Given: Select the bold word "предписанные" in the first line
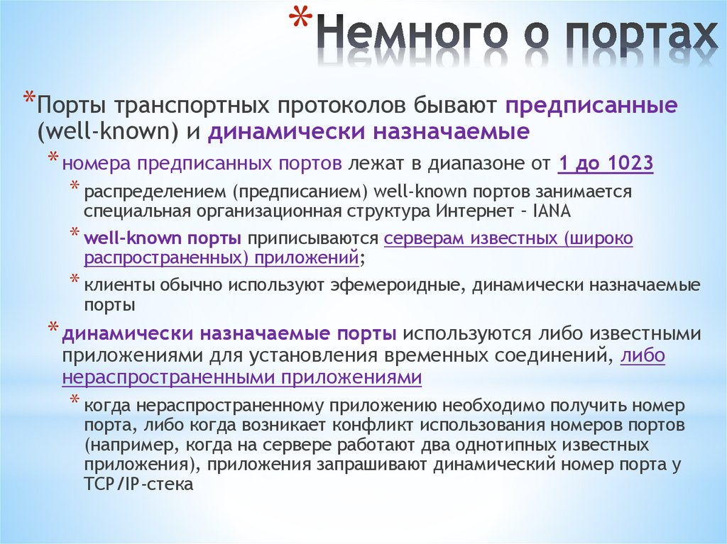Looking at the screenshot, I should point(591,106).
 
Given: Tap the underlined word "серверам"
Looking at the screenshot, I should point(425,238).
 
